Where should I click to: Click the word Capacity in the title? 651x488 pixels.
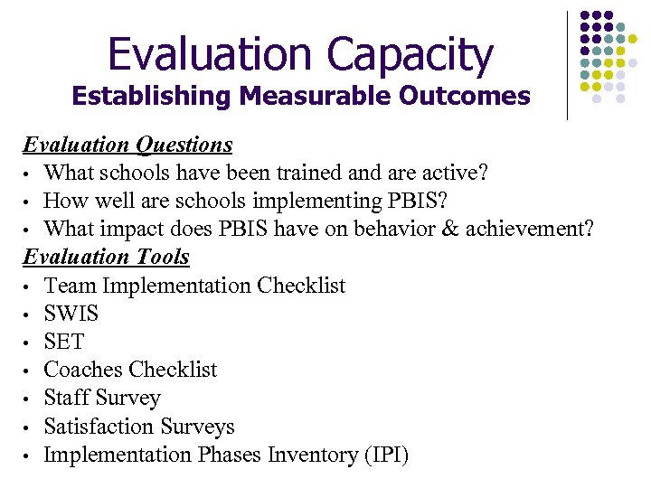(x=410, y=55)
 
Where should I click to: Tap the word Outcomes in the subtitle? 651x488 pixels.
(x=467, y=96)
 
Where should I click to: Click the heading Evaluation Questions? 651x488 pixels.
(x=127, y=145)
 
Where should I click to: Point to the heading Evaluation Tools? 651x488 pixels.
(x=106, y=257)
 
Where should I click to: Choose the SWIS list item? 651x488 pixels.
(x=71, y=314)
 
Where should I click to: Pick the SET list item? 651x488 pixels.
(x=63, y=342)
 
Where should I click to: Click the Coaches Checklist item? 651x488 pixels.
(x=130, y=370)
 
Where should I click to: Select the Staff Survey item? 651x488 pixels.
(x=101, y=398)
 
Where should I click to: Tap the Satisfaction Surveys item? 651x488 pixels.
(x=138, y=427)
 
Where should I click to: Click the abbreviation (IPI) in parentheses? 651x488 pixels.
(x=385, y=455)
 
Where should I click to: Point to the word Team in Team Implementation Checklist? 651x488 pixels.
(x=70, y=286)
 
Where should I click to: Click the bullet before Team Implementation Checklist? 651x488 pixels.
(x=28, y=286)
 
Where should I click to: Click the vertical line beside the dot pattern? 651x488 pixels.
(x=567, y=65)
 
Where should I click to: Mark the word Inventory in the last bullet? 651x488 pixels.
(x=309, y=455)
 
